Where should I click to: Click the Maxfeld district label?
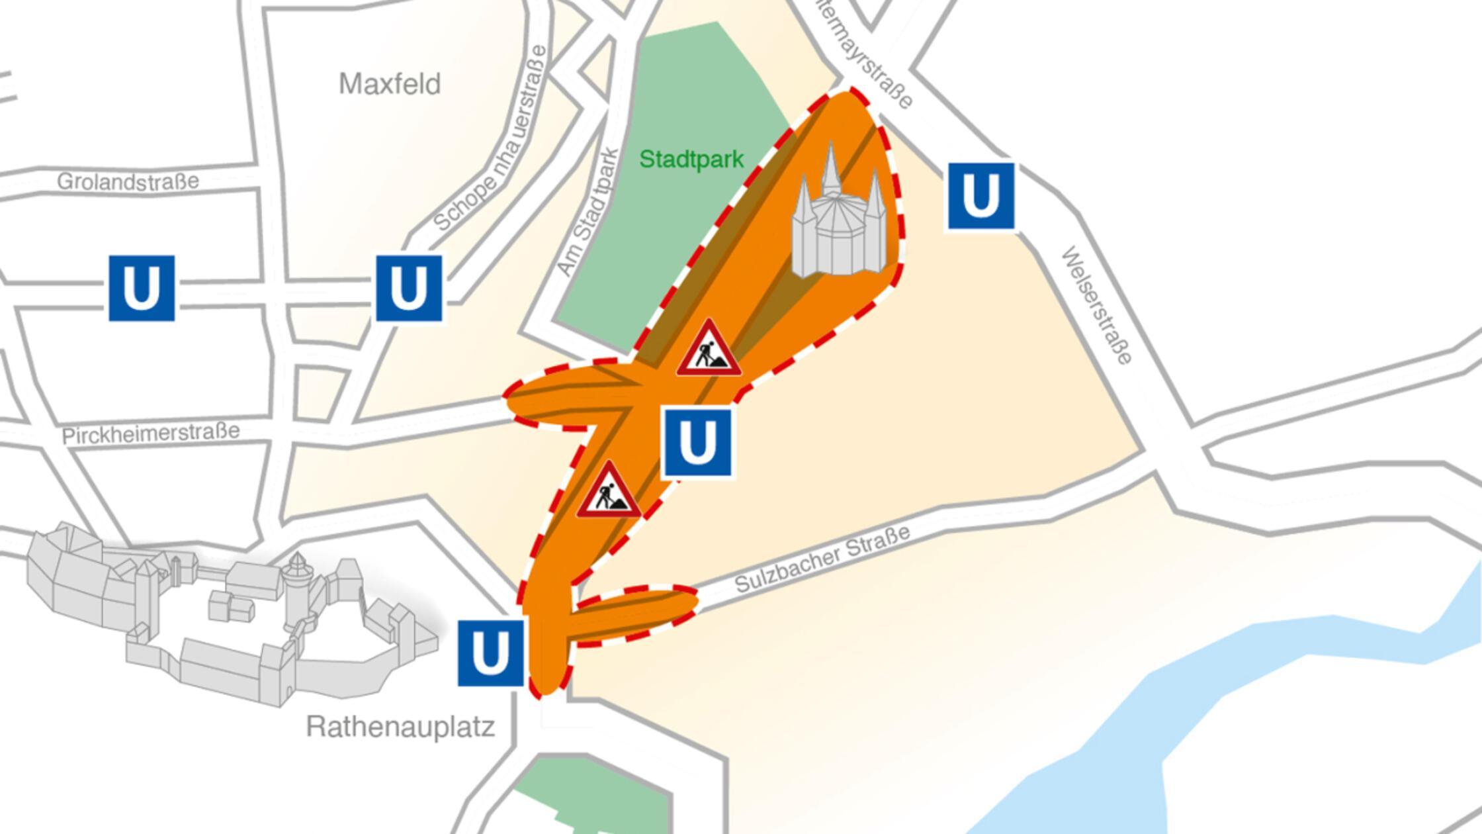389,84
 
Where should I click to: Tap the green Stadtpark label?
691,160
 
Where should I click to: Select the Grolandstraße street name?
128,181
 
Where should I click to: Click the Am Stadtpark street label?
588,212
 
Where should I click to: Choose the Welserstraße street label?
1096,305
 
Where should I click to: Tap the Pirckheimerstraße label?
151,434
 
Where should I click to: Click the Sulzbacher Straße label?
822,559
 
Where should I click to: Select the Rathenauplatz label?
400,727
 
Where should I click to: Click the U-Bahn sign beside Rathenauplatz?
491,653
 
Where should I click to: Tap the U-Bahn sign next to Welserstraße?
981,197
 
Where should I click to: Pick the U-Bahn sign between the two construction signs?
697,442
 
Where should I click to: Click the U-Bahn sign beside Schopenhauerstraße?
409,289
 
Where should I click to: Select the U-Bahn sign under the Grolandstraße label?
142,289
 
